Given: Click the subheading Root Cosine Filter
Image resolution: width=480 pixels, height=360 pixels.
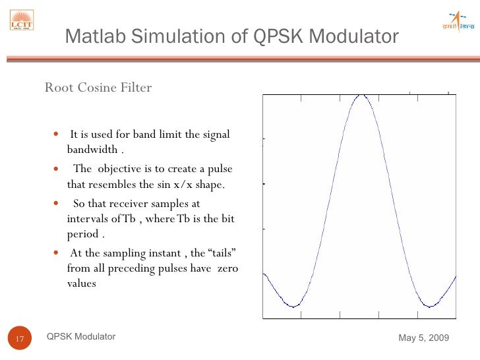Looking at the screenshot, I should point(98,88).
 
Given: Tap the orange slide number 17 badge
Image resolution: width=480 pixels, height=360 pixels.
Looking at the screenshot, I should point(19,339).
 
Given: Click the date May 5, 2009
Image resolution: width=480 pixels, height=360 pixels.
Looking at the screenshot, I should point(424,338).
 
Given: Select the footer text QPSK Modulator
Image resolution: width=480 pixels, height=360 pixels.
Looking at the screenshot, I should point(81,337).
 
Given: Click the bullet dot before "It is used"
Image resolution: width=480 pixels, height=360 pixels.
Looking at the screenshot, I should point(57,135).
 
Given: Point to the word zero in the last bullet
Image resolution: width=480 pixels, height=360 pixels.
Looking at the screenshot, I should point(227,269).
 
